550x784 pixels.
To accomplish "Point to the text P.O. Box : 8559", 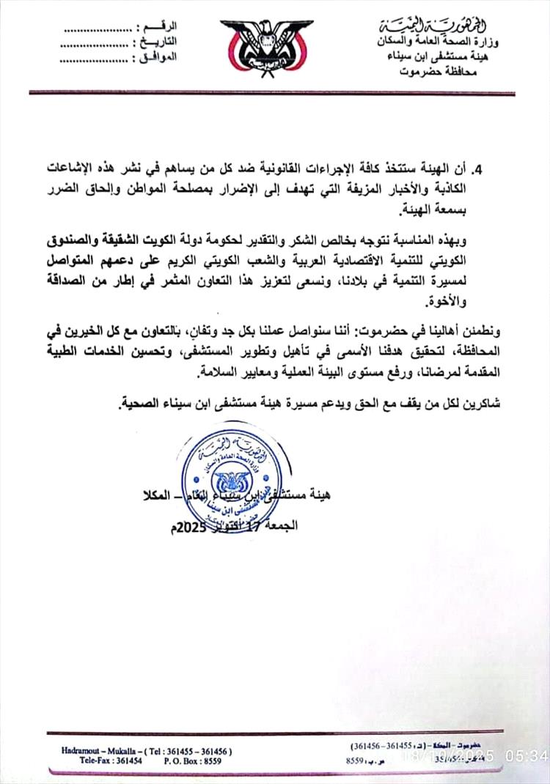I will pyautogui.click(x=180, y=761).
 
